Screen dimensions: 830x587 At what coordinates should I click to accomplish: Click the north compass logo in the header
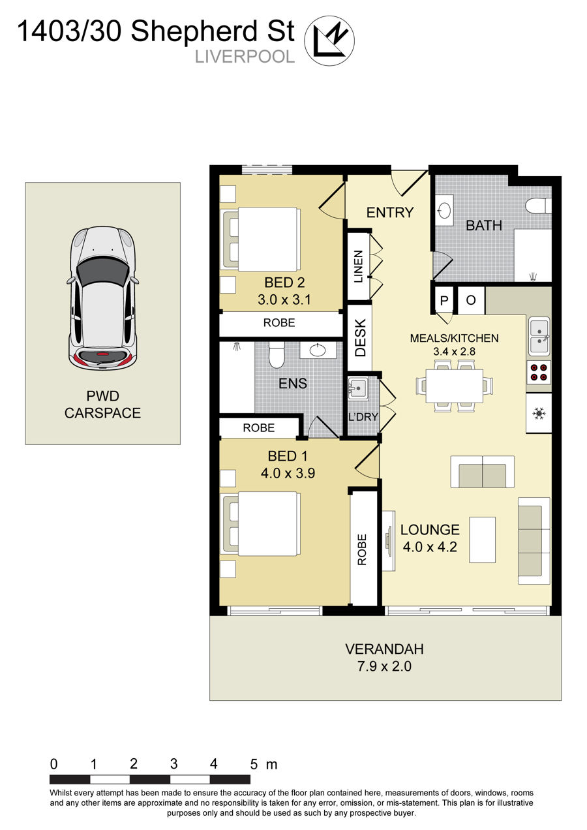(330, 40)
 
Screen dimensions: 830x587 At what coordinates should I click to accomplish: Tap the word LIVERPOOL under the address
(245, 57)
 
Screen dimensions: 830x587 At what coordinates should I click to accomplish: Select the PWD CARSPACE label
(102, 404)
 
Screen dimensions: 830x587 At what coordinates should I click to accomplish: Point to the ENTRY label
(390, 212)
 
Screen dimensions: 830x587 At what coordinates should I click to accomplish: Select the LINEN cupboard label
(358, 266)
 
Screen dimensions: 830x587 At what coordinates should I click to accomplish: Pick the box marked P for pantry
(445, 300)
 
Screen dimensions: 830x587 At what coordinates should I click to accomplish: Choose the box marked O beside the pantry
(471, 300)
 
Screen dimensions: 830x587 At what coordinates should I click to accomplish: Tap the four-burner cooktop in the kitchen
(539, 371)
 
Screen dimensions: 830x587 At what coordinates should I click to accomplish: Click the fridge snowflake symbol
(539, 413)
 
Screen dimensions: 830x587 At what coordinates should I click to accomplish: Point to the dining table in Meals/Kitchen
(454, 386)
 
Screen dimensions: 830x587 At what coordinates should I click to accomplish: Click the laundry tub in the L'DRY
(358, 390)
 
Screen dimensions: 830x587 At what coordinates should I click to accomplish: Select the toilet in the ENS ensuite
(277, 355)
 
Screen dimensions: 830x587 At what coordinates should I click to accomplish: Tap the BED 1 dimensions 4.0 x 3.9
(288, 474)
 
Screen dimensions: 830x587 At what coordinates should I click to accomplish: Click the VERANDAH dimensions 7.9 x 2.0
(384, 666)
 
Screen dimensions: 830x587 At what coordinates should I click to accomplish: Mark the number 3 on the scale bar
(174, 763)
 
